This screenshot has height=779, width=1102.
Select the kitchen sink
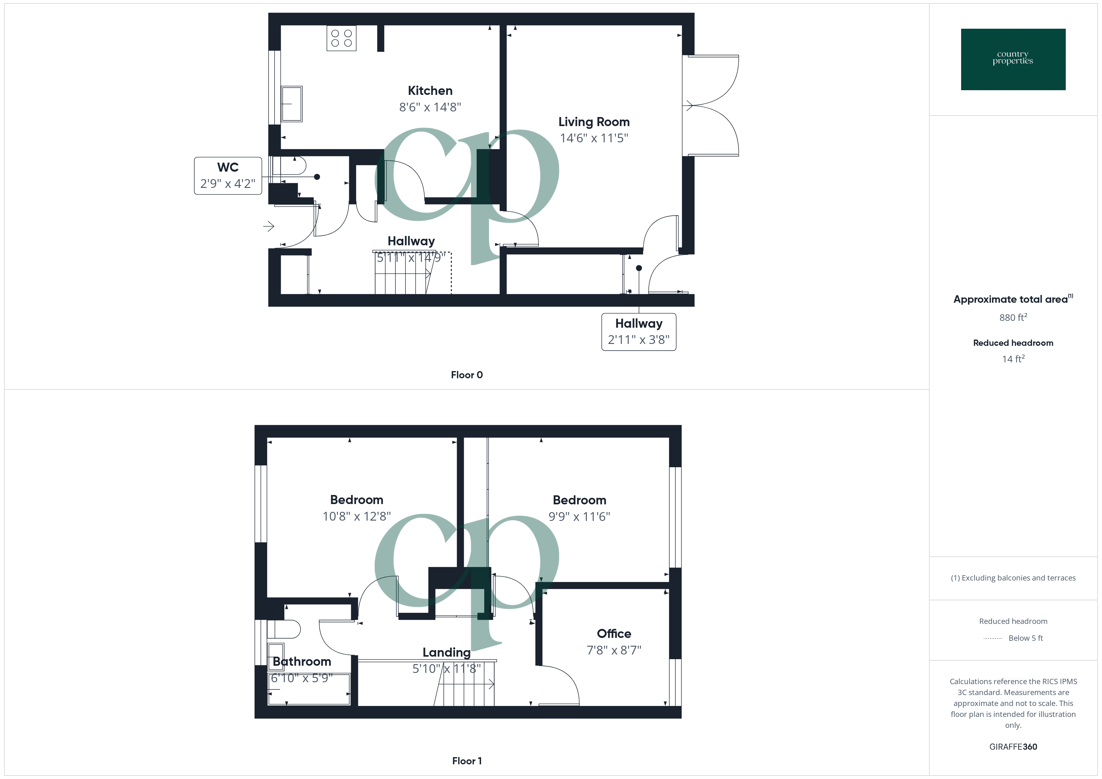point(291,104)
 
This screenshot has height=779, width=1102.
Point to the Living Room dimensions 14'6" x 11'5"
point(594,138)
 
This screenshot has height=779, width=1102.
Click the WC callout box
point(228,176)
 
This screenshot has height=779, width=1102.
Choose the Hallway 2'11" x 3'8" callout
point(638,332)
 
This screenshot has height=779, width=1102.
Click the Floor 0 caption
point(467,375)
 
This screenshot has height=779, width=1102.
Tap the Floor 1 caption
point(467,761)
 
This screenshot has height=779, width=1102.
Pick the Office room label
point(613,634)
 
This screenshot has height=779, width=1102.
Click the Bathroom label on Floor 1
point(302,661)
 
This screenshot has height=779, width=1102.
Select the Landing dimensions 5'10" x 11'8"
point(446,669)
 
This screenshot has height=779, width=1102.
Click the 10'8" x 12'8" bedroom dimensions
point(357,517)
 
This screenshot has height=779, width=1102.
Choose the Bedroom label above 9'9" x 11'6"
point(579,500)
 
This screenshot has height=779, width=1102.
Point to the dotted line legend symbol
point(993,639)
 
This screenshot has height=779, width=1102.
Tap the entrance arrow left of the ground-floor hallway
point(269,226)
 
